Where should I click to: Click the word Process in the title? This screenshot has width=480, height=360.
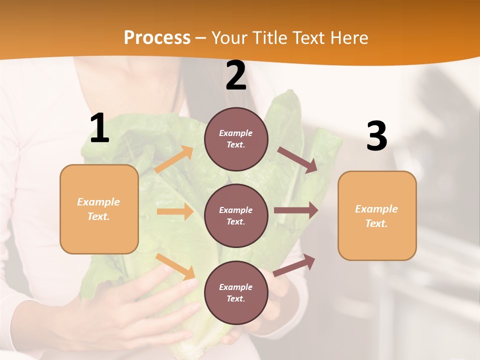[157, 37]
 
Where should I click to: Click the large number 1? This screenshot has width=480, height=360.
[99, 128]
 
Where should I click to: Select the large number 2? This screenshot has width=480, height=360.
[236, 75]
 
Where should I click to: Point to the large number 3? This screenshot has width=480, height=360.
[376, 136]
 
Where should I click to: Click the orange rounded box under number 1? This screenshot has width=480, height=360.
[99, 209]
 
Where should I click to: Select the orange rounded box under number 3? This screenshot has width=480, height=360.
[377, 215]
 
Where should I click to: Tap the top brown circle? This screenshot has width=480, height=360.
[236, 139]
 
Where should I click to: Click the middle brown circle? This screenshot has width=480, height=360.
[236, 215]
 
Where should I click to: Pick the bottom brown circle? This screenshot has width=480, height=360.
[236, 292]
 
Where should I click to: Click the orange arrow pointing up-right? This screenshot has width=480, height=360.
[174, 159]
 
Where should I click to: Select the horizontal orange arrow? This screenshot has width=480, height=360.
[175, 211]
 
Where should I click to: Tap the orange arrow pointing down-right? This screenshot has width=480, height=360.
[175, 266]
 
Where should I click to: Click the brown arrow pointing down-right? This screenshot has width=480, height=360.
[297, 160]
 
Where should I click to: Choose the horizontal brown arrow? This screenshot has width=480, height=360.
[296, 210]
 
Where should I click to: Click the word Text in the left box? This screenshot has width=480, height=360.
[98, 216]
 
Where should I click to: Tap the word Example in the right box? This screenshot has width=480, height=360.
[376, 209]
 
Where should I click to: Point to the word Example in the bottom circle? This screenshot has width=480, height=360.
[236, 287]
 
